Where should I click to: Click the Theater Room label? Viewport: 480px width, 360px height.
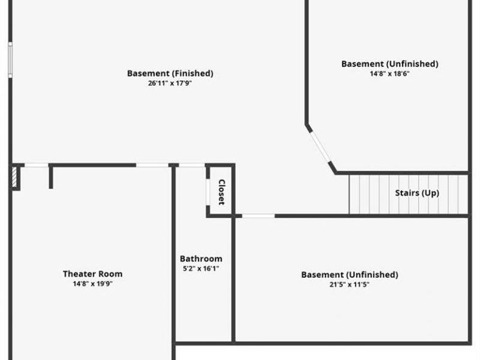click(x=93, y=274)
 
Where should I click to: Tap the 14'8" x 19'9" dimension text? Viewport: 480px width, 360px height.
click(x=93, y=284)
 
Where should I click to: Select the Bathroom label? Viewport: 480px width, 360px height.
click(x=201, y=259)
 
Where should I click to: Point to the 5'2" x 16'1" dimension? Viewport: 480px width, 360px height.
click(x=201, y=268)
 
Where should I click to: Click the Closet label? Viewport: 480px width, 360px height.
click(x=221, y=192)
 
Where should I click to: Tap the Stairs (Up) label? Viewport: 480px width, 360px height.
click(x=417, y=193)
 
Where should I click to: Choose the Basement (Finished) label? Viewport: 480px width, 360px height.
click(x=170, y=73)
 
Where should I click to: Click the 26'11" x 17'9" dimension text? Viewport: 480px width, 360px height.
click(x=170, y=83)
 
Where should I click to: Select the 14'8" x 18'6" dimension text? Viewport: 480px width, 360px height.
click(x=389, y=73)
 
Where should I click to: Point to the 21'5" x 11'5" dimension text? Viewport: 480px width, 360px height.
click(x=349, y=284)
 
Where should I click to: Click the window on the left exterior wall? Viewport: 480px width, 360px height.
click(x=10, y=59)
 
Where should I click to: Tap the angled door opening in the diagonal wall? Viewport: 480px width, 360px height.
click(x=320, y=146)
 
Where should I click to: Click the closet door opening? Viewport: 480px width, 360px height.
click(x=208, y=192)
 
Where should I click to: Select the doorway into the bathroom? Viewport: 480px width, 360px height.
click(x=192, y=166)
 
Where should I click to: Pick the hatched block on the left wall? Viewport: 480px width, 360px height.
click(x=14, y=177)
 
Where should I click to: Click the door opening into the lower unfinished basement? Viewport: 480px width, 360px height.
click(x=259, y=216)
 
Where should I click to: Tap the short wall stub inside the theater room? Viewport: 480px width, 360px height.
click(x=51, y=178)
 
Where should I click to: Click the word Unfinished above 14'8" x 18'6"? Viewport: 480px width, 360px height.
click(x=412, y=64)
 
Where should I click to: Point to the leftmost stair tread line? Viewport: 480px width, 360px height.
click(x=349, y=194)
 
